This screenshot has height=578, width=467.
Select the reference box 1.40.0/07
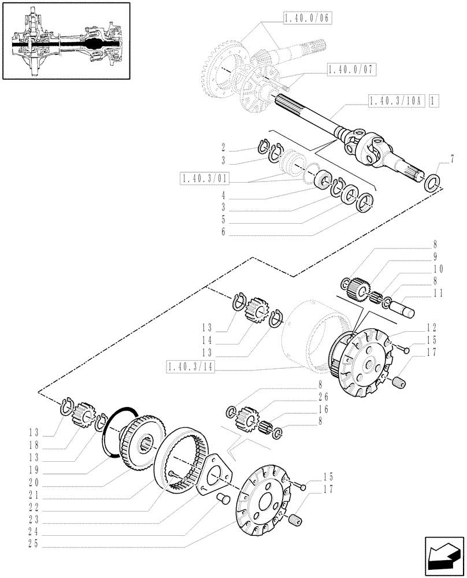pyautogui.click(x=351, y=70)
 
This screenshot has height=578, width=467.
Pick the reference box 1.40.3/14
pyautogui.click(x=189, y=366)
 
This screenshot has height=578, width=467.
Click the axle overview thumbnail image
pyautogui.click(x=65, y=46)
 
